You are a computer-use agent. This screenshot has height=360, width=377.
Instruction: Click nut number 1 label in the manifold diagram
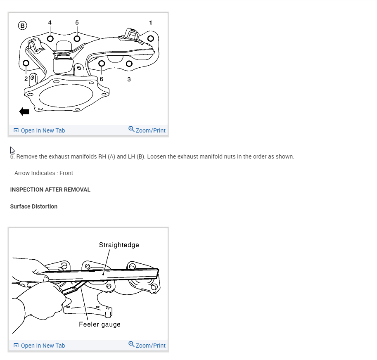click(x=151, y=22)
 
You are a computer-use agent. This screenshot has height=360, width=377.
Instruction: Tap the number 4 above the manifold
click(x=50, y=22)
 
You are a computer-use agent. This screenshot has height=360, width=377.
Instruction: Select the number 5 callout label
click(x=77, y=22)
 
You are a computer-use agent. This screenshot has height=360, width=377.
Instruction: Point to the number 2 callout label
click(x=26, y=78)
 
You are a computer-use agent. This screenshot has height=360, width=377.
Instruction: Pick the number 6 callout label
click(x=102, y=79)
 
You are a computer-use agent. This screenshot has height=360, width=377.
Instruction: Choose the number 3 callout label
click(x=129, y=79)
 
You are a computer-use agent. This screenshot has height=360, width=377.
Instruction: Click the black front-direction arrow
click(x=24, y=111)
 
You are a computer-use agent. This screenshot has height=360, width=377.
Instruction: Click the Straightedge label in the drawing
click(x=119, y=245)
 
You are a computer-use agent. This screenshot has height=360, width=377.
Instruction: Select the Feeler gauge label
click(x=100, y=324)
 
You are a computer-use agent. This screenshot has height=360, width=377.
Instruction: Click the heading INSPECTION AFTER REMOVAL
click(x=50, y=189)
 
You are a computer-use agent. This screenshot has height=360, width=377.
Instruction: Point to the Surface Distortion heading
click(x=34, y=206)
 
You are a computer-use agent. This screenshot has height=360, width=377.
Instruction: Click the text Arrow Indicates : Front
click(x=44, y=173)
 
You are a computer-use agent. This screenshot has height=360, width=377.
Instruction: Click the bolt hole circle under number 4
click(x=50, y=38)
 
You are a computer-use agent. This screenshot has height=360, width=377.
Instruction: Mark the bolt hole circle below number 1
click(x=150, y=38)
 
